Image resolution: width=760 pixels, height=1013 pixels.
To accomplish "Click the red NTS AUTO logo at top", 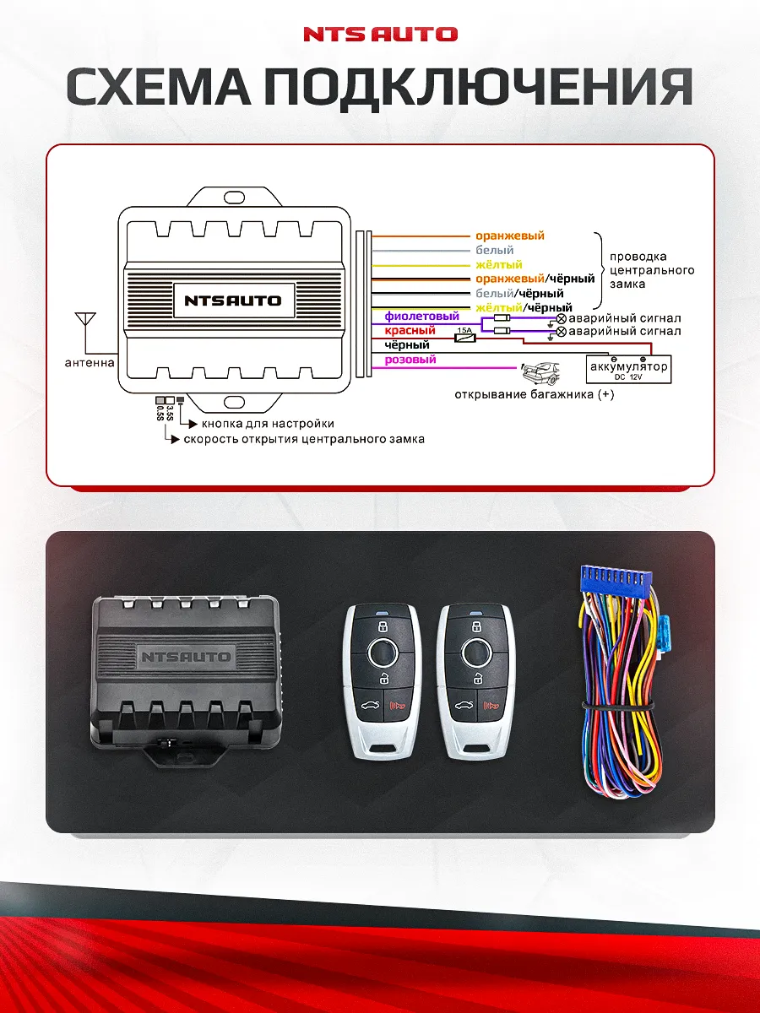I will tap(380, 35).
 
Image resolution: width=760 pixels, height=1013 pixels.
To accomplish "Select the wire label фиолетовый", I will tap(421, 317).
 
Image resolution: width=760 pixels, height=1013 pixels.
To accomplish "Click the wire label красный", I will tap(410, 331).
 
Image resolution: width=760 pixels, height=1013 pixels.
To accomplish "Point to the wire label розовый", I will tap(410, 360).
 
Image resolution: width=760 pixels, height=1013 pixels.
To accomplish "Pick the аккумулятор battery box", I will tap(629, 369).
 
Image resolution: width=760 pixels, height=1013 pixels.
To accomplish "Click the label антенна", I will tap(90, 364).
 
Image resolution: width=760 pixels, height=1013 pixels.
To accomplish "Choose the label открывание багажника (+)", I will tap(534, 394).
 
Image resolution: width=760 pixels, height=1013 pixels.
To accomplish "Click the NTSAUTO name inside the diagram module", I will tap(232, 300).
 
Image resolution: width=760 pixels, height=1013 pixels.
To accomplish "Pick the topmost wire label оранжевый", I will tap(510, 236).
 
